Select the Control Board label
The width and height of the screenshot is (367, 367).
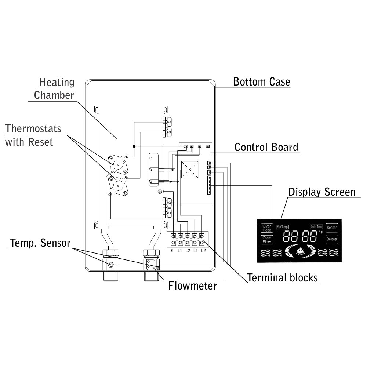pyautogui.click(x=266, y=147)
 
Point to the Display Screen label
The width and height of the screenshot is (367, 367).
pyautogui.click(x=321, y=192)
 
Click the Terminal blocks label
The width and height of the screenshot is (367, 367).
pyautogui.click(x=282, y=277)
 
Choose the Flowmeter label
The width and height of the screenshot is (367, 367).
pyautogui.click(x=192, y=286)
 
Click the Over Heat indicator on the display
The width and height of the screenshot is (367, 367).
pyautogui.click(x=266, y=228)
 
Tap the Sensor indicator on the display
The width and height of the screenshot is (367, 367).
pyautogui.click(x=332, y=228)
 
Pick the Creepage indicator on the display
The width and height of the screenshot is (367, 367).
pyautogui.click(x=332, y=239)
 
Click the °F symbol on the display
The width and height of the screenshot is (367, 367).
pyautogui.click(x=321, y=232)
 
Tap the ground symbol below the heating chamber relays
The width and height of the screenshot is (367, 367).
pyautogui.click(x=160, y=192)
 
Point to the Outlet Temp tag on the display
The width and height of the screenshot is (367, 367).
pyautogui.click(x=316, y=227)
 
